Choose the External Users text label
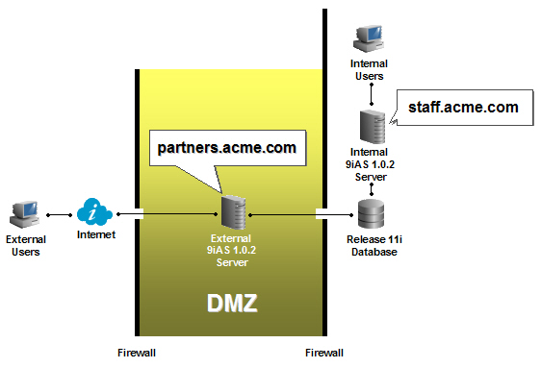point(26,245)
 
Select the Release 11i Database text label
point(371,246)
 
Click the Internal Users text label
point(371,69)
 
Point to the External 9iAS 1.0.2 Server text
point(232,247)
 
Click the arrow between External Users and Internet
point(59,213)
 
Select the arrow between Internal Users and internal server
point(371,94)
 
